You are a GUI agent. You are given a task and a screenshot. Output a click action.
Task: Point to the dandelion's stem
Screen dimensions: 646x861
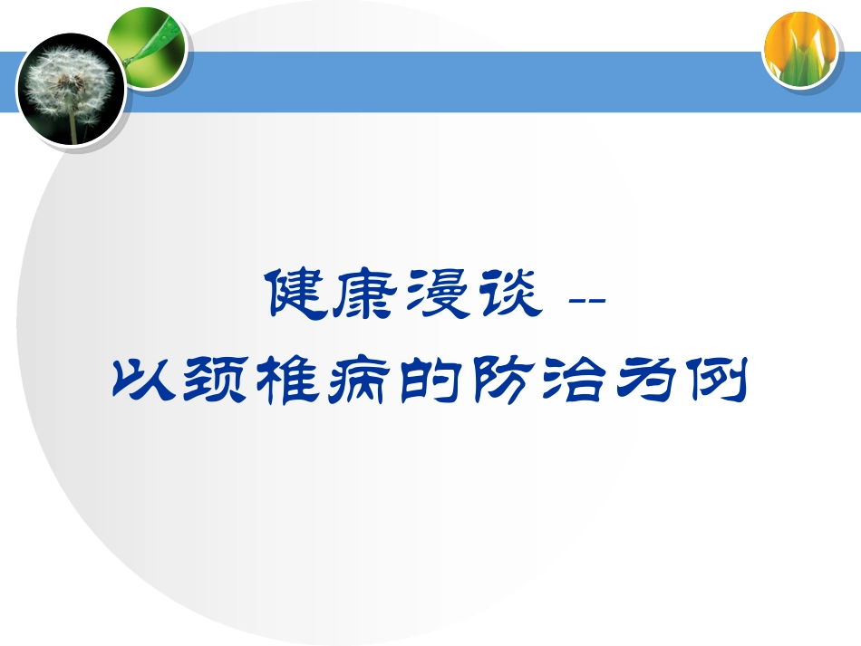72,127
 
